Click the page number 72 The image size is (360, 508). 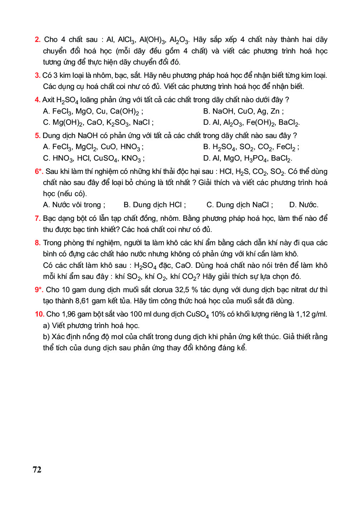coord(37,470)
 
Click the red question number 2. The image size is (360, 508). coord(38,40)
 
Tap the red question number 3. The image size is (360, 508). coord(37,75)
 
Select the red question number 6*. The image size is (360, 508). coord(39,171)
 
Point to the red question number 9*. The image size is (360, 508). coord(39,290)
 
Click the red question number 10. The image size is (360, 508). coord(39,314)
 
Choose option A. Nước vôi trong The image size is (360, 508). coord(74,205)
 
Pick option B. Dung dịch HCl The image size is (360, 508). coord(155,205)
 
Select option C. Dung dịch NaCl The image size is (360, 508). coord(240,205)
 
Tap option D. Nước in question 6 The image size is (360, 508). coord(304,205)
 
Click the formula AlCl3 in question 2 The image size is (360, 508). coord(127,40)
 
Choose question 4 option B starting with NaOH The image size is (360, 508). coord(243,111)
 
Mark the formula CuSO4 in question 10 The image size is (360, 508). coord(197,315)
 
